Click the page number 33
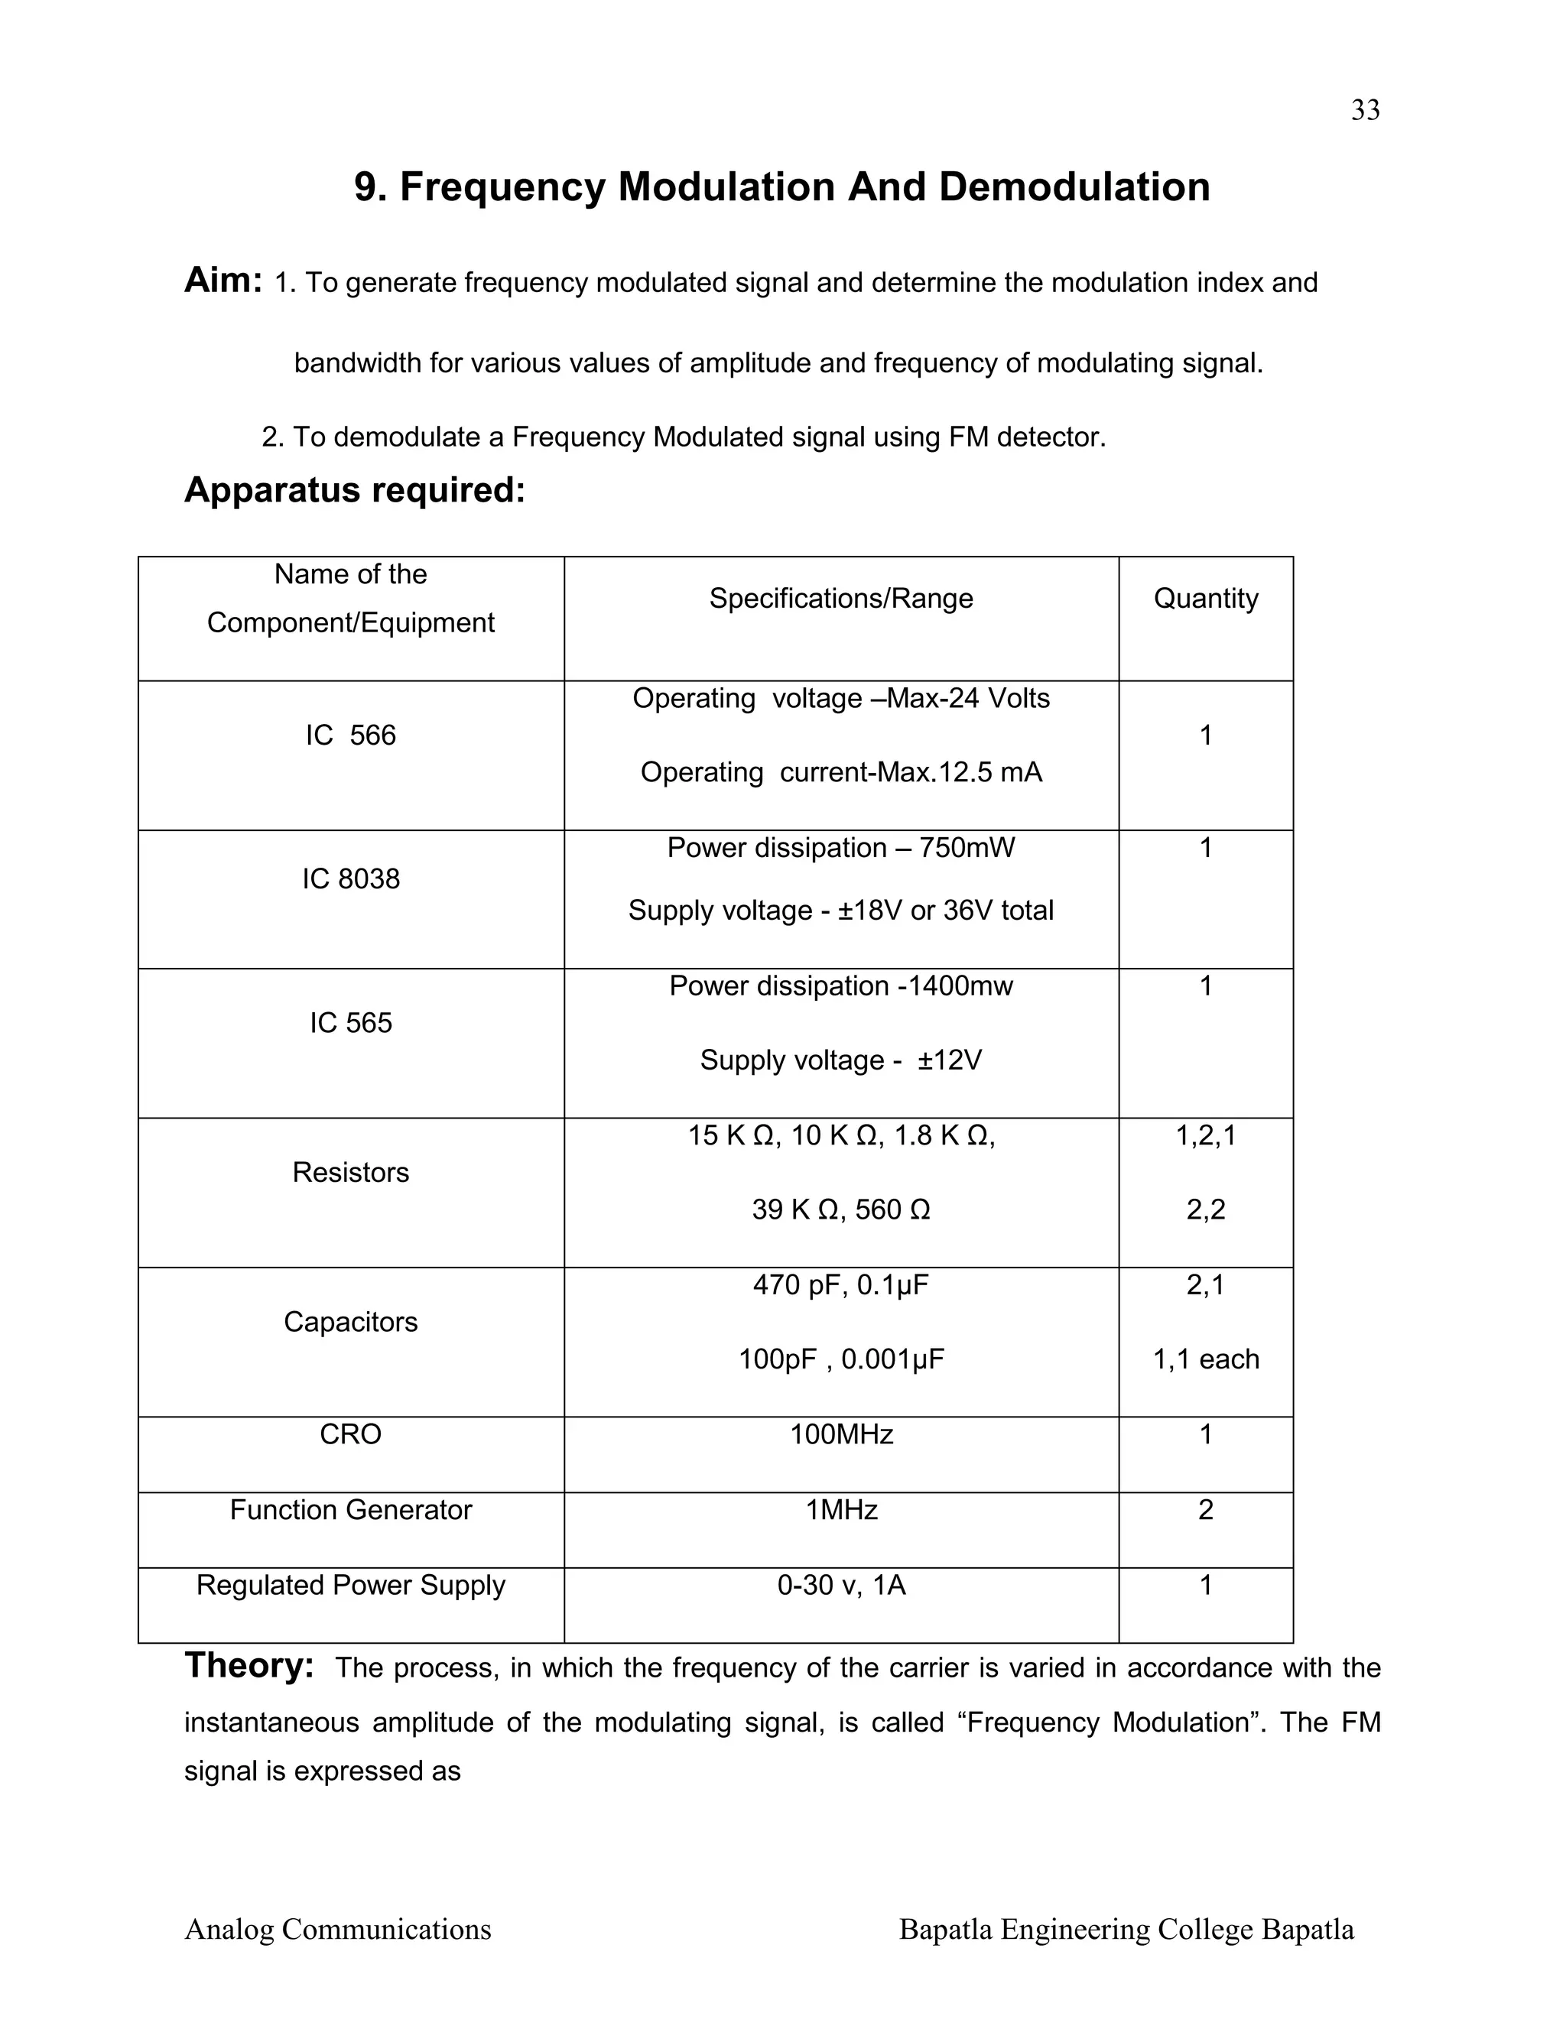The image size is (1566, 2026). tap(1365, 110)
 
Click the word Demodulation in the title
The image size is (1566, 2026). tap(1074, 187)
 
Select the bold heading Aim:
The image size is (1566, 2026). tap(223, 279)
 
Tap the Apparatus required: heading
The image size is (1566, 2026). tap(354, 490)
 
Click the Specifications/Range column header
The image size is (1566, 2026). tap(840, 599)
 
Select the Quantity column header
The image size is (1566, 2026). tap(1205, 599)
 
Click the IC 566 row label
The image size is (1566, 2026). tap(351, 735)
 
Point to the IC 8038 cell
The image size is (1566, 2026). tap(351, 878)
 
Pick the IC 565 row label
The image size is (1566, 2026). tap(351, 1022)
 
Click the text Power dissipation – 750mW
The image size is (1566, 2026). tap(840, 848)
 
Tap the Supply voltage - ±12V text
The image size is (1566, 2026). tap(840, 1060)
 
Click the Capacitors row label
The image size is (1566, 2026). tap(351, 1321)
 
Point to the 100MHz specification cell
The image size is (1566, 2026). tap(840, 1434)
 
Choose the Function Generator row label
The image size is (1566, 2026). tap(351, 1509)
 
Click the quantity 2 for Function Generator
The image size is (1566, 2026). tap(1205, 1509)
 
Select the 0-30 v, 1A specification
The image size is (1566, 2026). tap(840, 1584)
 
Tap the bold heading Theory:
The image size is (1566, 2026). tap(249, 1665)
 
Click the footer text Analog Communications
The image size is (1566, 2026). tap(338, 1929)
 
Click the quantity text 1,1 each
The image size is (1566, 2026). tap(1205, 1359)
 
